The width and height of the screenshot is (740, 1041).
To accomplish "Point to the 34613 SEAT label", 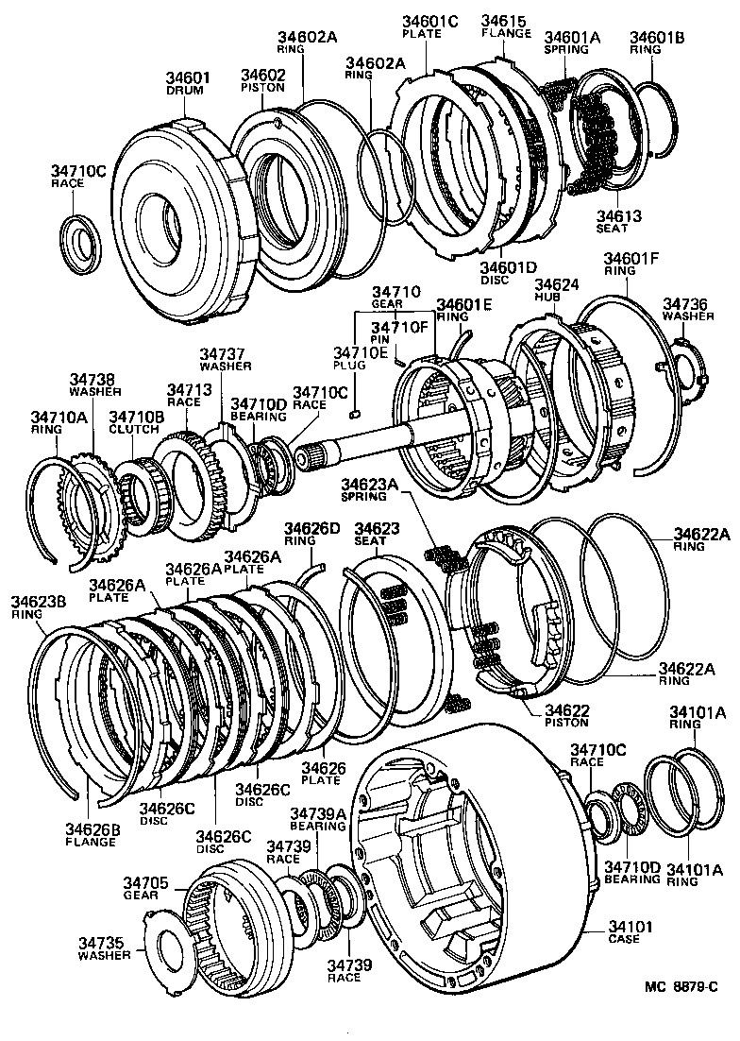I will (618, 222).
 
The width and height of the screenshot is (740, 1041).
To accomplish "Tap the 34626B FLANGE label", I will (92, 834).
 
